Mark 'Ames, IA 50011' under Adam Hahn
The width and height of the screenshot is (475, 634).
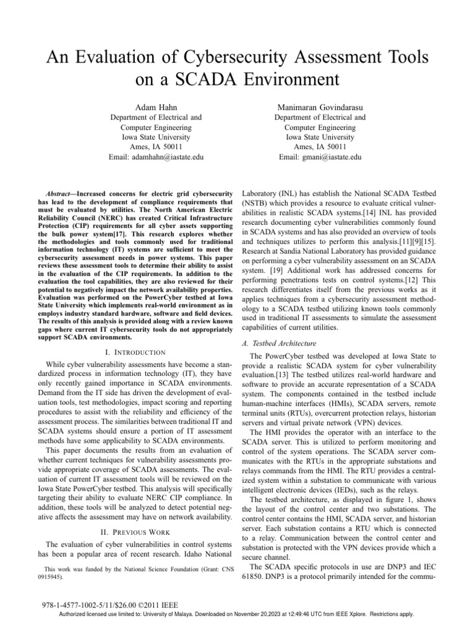tap(146, 147)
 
